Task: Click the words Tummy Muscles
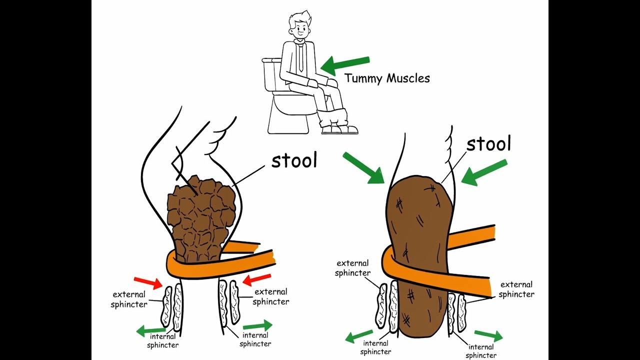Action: coord(387,78)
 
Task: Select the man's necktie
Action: coord(301,57)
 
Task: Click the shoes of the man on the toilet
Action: coord(340,129)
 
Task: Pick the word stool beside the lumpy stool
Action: coord(294,161)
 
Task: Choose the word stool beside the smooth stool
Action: coord(488,144)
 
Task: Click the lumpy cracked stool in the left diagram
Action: coord(201,217)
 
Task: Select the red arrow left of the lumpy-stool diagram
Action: coord(148,282)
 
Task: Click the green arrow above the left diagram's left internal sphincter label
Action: coord(150,330)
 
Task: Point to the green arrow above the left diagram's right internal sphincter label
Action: coord(257,326)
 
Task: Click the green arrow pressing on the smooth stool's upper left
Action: coord(363,168)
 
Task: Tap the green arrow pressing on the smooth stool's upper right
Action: coord(484,172)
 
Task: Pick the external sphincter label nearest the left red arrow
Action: coord(129,299)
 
